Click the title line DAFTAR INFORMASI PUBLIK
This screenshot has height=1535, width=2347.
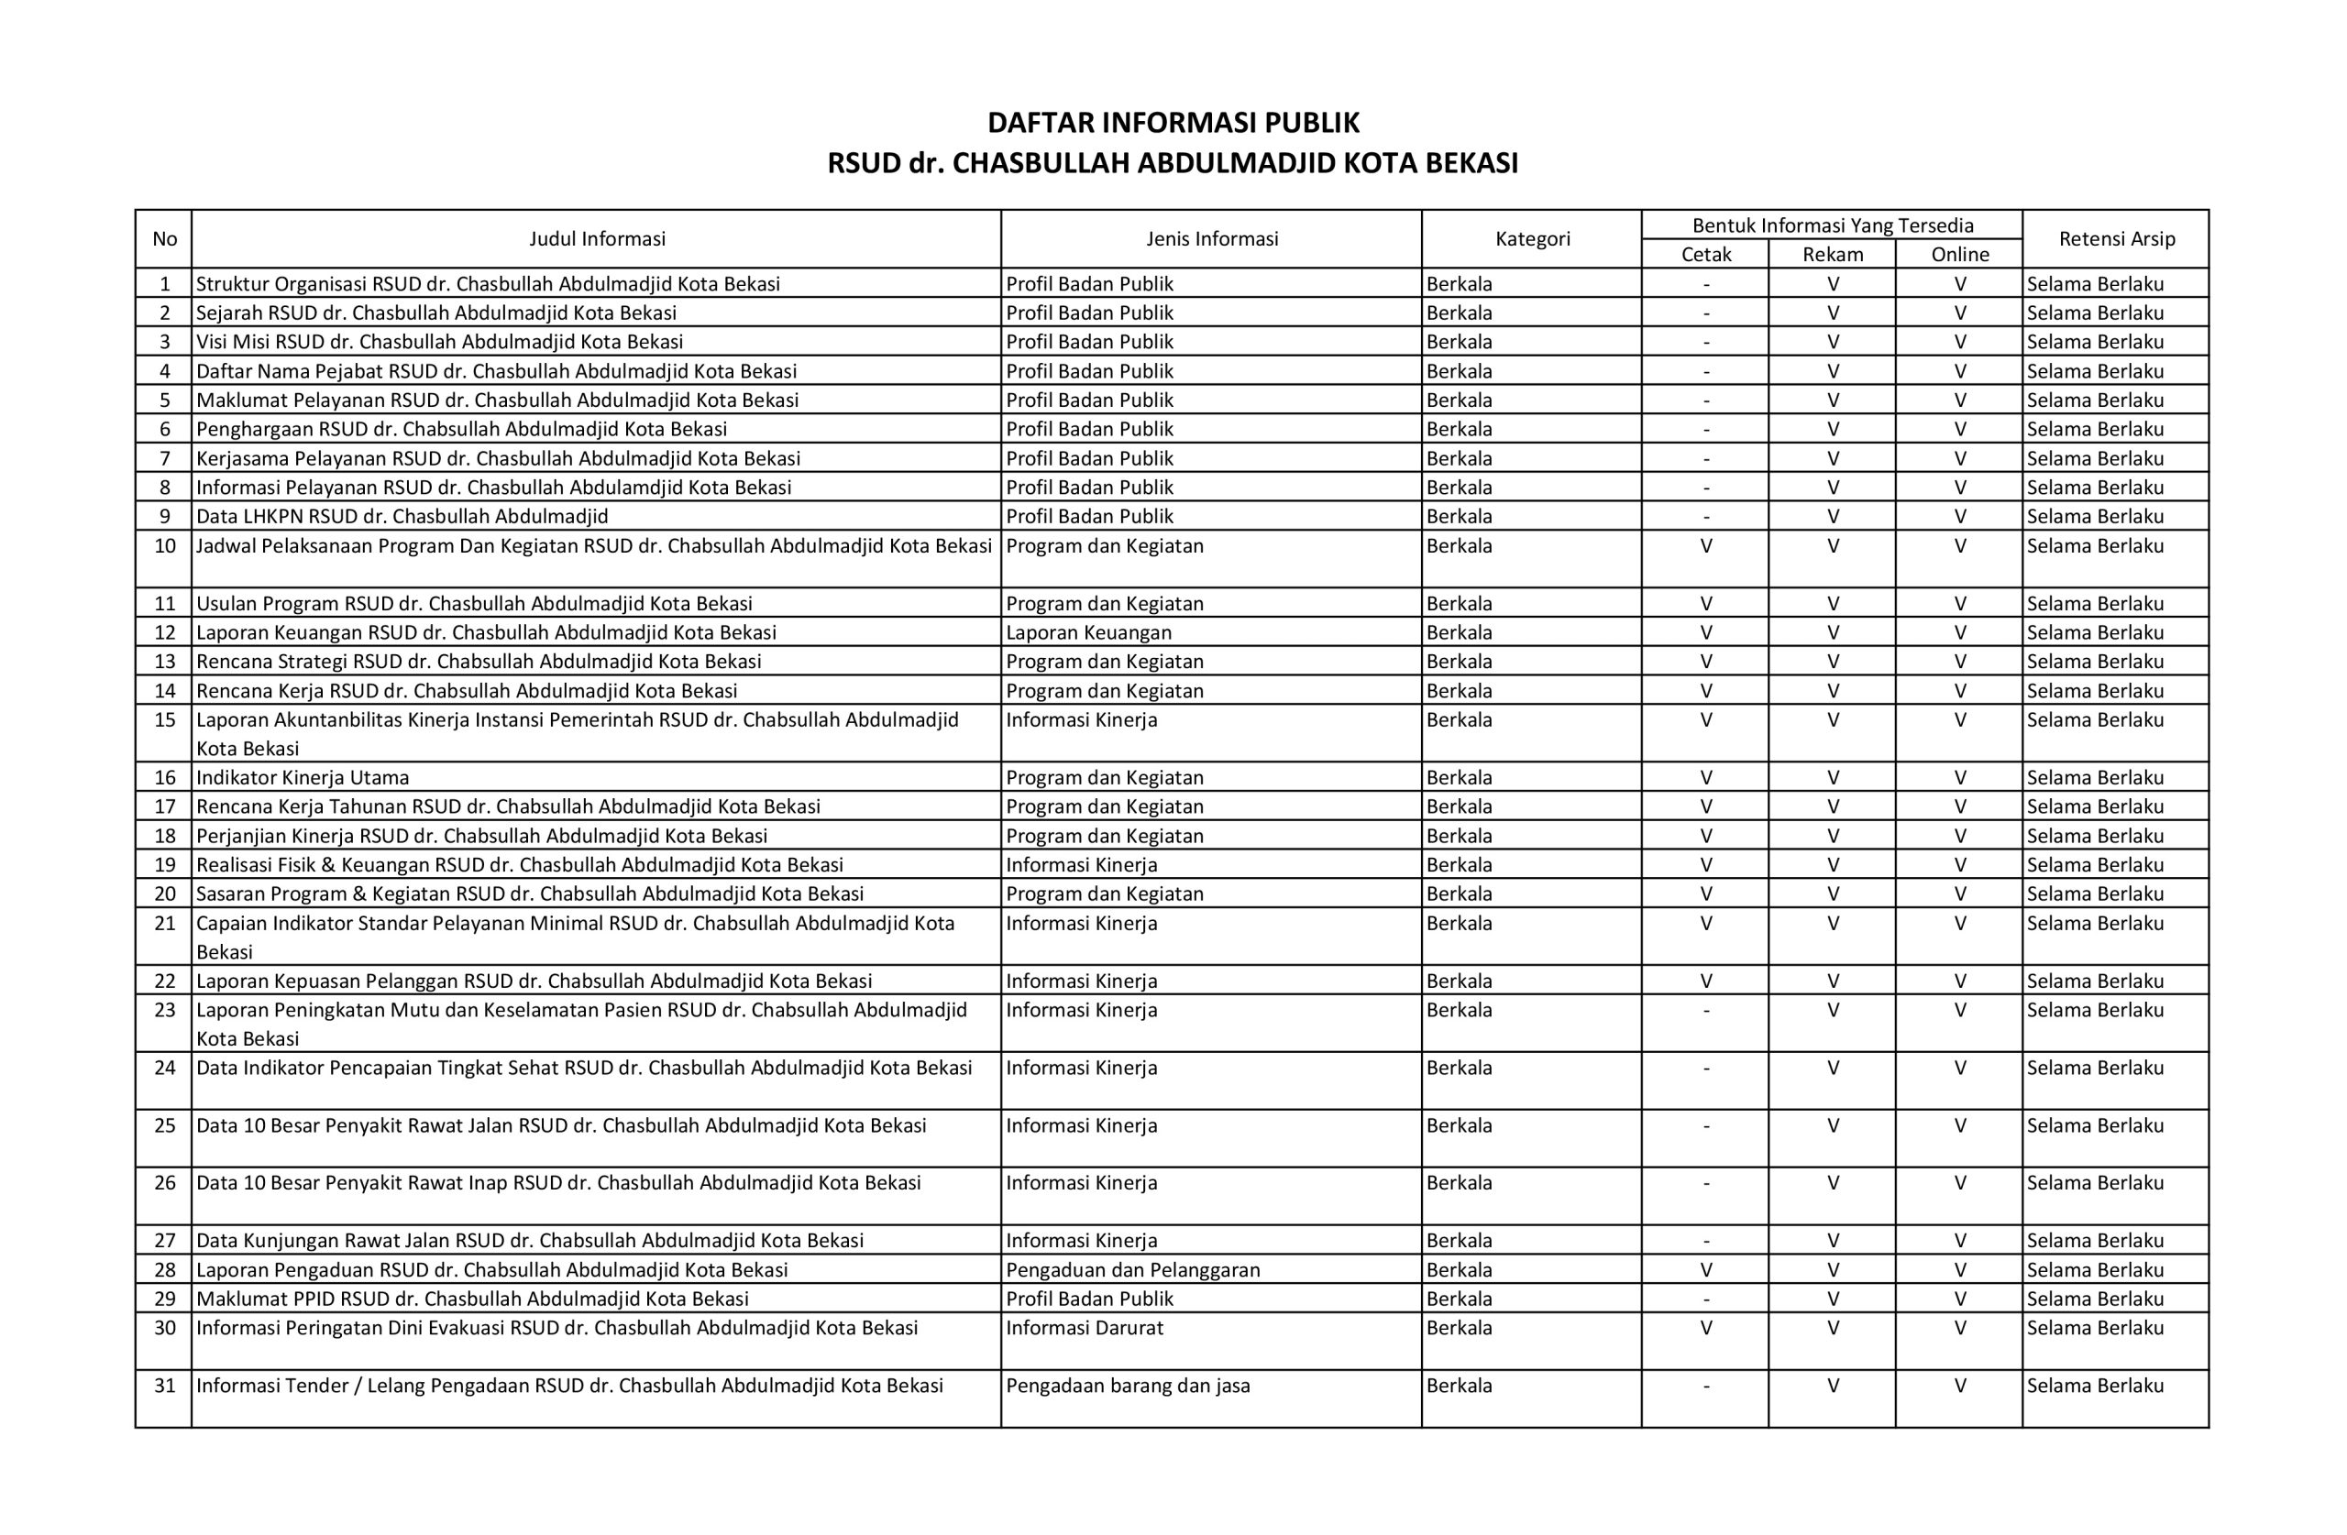(x=1173, y=123)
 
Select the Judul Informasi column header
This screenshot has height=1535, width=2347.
(x=597, y=238)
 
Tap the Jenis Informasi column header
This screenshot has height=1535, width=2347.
(x=1211, y=238)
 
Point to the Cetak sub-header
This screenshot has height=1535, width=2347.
(x=1705, y=255)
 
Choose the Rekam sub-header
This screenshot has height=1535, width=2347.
(x=1833, y=255)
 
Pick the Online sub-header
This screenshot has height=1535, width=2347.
(x=1959, y=255)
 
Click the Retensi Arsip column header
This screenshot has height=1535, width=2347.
(x=2116, y=238)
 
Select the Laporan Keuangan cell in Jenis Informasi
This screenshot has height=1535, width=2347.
(x=1088, y=632)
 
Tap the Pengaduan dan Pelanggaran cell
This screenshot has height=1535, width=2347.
(x=1132, y=1270)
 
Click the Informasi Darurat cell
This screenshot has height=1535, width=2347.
(x=1084, y=1328)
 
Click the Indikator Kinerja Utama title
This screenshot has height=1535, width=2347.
(x=302, y=777)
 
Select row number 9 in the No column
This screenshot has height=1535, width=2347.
(x=165, y=517)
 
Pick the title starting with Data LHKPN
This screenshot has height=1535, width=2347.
(x=402, y=517)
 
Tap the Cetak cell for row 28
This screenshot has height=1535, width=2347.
(x=1705, y=1270)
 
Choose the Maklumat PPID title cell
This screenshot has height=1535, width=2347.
(x=471, y=1299)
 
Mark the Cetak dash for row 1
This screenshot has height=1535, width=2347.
(x=1705, y=284)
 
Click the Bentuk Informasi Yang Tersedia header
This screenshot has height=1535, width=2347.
(x=1833, y=225)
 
